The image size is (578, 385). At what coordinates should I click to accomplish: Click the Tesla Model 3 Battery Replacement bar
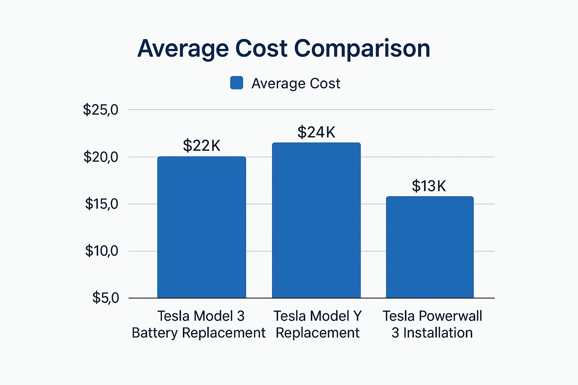(201, 227)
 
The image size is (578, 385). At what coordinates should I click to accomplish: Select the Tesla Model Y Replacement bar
(316, 220)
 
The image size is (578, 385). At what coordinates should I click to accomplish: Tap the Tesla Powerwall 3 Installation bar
(430, 247)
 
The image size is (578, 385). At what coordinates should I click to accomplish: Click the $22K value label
(202, 146)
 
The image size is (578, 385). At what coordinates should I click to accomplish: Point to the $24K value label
(316, 132)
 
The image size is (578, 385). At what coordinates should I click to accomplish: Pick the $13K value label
(429, 186)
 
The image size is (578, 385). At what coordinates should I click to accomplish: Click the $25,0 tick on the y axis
(100, 110)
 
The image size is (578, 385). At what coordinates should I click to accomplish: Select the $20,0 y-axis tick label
(100, 157)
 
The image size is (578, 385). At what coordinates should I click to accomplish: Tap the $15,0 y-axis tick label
(101, 204)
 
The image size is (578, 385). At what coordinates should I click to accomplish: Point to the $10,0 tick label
(101, 251)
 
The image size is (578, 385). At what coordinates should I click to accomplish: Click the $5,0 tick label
(105, 298)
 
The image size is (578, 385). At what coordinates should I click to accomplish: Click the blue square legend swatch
(237, 83)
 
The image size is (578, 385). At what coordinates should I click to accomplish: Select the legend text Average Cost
(296, 83)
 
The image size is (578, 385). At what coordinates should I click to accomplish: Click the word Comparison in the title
(362, 49)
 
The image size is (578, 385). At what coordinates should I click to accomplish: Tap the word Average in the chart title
(183, 49)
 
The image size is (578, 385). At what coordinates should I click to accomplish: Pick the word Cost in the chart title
(261, 49)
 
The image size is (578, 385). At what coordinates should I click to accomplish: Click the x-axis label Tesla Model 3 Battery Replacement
(199, 324)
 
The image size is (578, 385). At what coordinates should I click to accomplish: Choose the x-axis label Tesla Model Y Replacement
(317, 324)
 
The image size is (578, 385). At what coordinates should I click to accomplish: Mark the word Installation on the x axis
(438, 333)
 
